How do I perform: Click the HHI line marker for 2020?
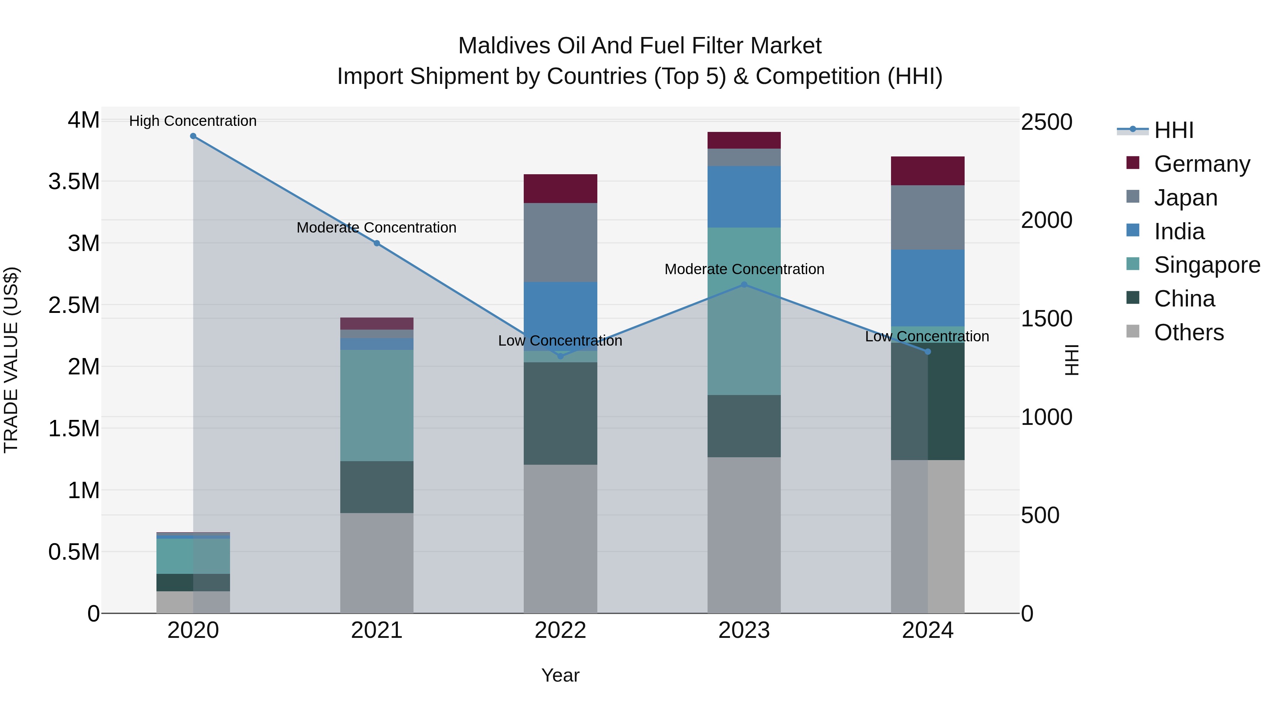click(193, 136)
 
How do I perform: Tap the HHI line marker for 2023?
click(744, 285)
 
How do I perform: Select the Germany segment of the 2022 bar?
click(560, 189)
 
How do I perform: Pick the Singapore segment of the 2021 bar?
click(377, 405)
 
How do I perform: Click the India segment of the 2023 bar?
click(744, 197)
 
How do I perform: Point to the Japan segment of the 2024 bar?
click(928, 218)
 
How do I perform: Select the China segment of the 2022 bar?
click(560, 414)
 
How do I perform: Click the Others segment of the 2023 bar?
click(744, 535)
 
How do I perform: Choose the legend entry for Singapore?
click(1206, 265)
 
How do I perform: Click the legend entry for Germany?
click(1201, 164)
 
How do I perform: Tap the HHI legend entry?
click(1173, 130)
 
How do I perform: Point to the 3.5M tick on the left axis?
click(74, 182)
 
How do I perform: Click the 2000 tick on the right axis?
click(1046, 220)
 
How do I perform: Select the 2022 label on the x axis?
click(560, 630)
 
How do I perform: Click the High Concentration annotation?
click(193, 121)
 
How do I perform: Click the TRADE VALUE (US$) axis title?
click(11, 360)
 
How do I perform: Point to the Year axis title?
click(560, 675)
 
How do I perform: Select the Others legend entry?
click(1189, 332)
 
